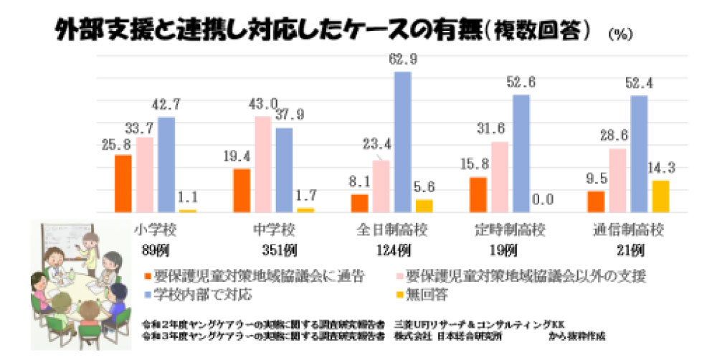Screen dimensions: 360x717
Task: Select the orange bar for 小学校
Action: click(123, 184)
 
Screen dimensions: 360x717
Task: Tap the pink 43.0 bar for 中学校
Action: click(263, 164)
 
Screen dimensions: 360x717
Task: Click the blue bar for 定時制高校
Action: click(521, 153)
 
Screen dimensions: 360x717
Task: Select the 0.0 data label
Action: click(543, 201)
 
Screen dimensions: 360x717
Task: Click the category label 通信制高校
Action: click(628, 231)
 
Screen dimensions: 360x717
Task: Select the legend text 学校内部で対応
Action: click(194, 294)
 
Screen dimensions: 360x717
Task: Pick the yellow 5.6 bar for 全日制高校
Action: click(424, 206)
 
